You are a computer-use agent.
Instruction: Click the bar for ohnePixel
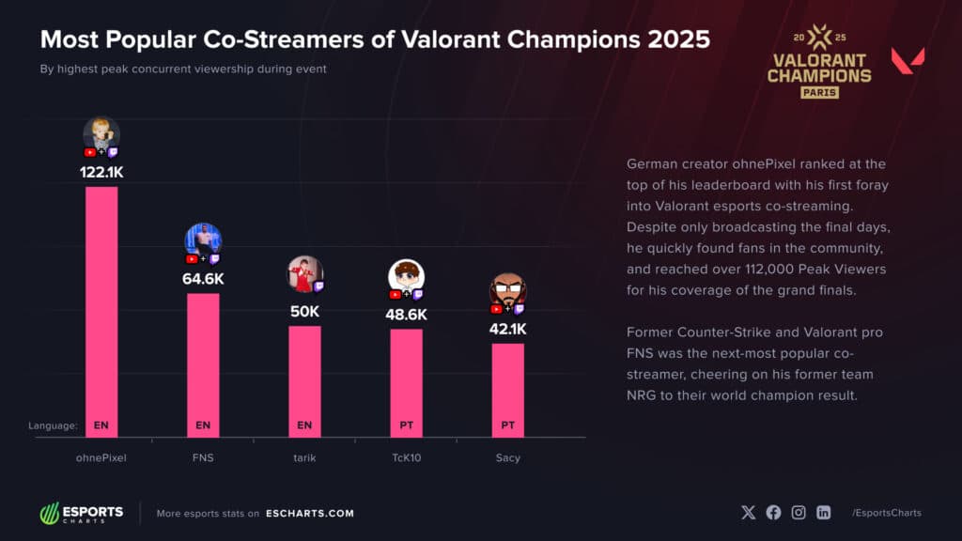click(101, 310)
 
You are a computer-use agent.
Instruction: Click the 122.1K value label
click(101, 173)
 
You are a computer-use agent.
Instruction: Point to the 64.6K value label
click(203, 279)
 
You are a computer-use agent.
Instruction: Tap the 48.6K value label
click(406, 315)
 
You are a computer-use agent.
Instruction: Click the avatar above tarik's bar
click(303, 272)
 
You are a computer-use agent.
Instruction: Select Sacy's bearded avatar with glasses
click(507, 290)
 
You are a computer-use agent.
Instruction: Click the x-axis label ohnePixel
click(101, 457)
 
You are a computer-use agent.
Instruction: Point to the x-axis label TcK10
click(406, 457)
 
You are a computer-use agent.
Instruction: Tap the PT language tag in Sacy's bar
click(507, 425)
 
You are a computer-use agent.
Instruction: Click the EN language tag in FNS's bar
click(203, 425)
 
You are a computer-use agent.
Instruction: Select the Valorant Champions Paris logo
click(819, 61)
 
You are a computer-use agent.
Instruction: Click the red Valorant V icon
click(908, 62)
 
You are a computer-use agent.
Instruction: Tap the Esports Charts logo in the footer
click(81, 513)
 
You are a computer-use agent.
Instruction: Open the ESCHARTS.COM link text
click(309, 514)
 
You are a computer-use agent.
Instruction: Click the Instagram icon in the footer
click(799, 513)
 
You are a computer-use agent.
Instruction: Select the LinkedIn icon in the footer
click(823, 513)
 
